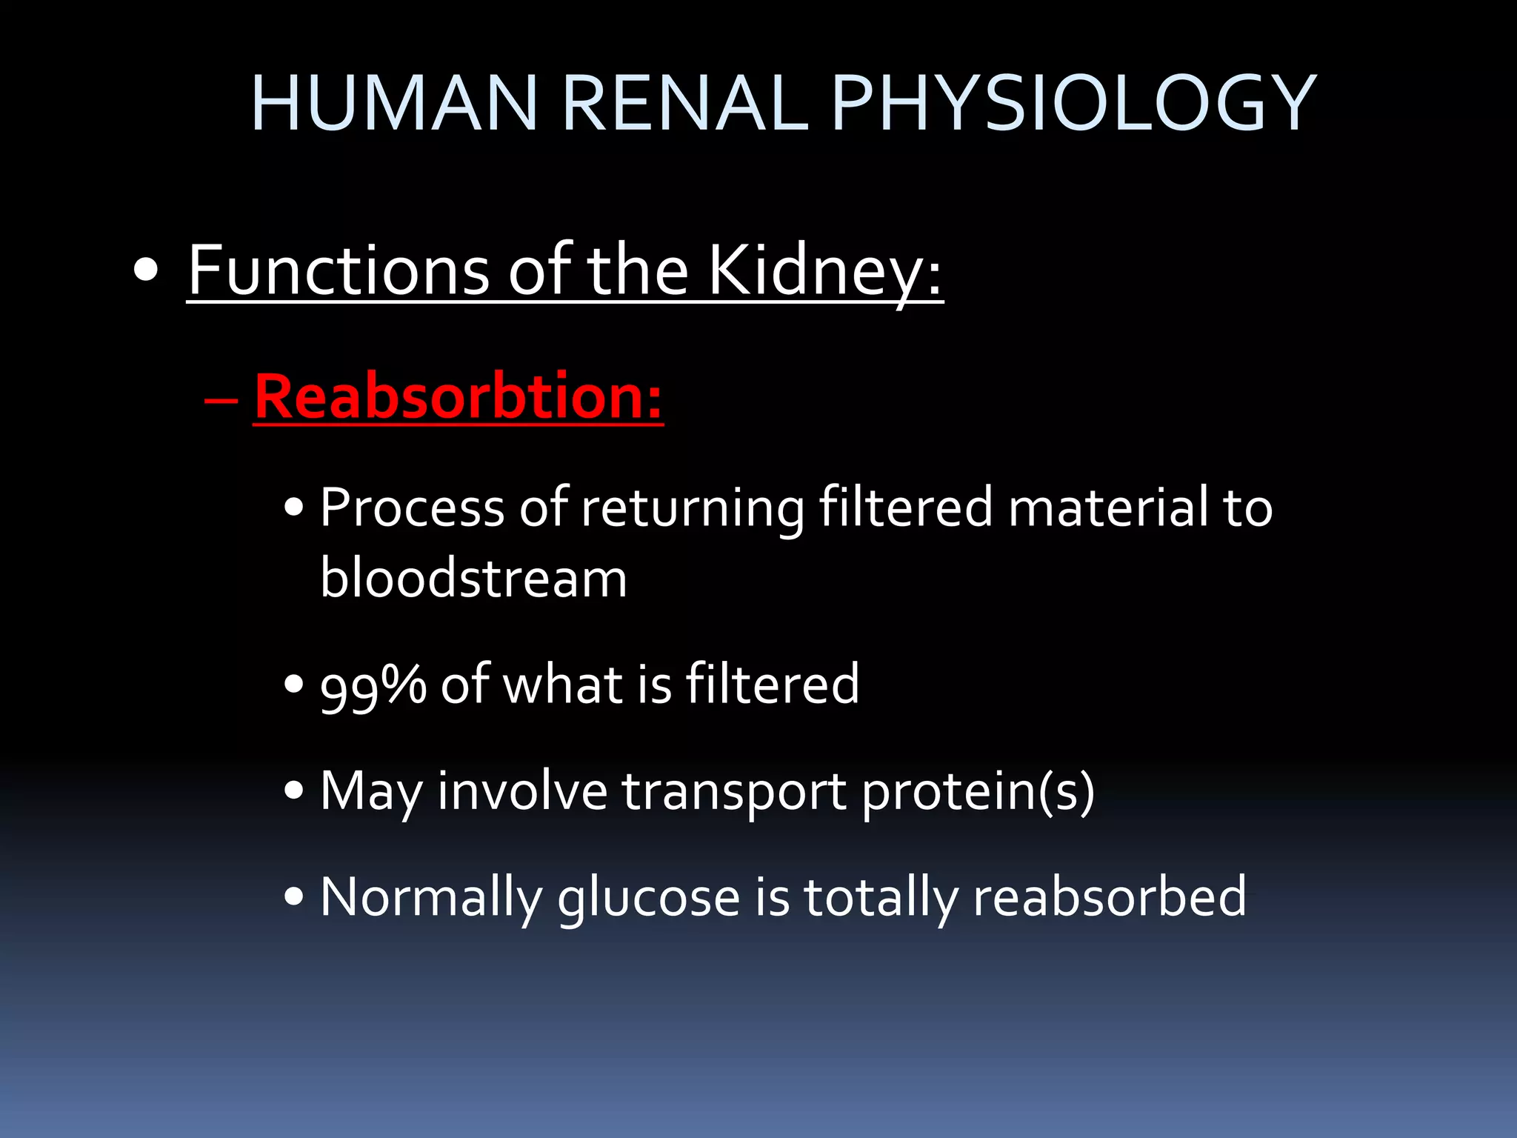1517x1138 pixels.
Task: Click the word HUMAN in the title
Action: click(x=393, y=104)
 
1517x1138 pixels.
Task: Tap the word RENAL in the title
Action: click(x=684, y=104)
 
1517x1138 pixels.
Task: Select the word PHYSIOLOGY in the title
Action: click(x=1073, y=104)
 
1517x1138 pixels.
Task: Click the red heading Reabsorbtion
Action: click(x=458, y=397)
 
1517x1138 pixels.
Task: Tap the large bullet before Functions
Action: click(x=147, y=272)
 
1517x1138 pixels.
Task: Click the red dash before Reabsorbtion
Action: click(x=221, y=401)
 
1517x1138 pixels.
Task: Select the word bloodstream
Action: click(x=473, y=579)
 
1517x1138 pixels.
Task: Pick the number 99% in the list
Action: click(x=373, y=685)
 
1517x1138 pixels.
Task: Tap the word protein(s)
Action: click(x=978, y=792)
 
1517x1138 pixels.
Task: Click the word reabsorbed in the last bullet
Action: click(x=1110, y=897)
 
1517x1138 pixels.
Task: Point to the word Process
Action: click(x=413, y=509)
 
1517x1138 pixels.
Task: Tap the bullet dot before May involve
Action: click(x=294, y=791)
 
